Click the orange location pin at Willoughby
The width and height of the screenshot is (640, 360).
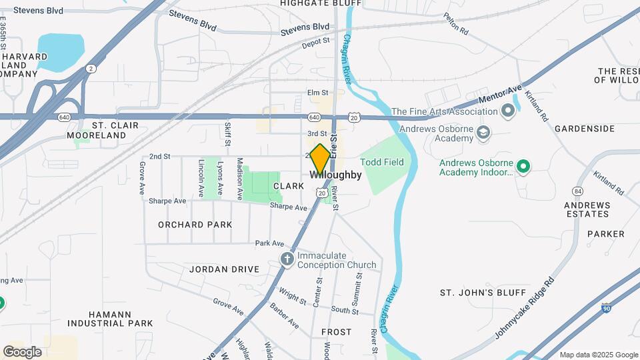click(320, 159)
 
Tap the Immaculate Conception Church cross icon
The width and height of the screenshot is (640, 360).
click(287, 259)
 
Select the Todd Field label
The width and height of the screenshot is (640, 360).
click(383, 162)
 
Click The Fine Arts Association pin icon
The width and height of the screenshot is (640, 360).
click(507, 111)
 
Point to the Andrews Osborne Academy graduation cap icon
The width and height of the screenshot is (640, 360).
click(484, 134)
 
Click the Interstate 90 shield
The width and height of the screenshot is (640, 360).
click(605, 307)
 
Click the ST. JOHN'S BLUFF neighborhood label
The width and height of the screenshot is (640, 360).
click(474, 292)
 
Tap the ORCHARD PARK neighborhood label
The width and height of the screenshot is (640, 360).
click(195, 225)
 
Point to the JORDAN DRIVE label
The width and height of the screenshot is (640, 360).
click(224, 269)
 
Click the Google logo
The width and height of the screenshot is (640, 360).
click(22, 351)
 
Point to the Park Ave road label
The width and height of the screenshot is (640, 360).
click(269, 243)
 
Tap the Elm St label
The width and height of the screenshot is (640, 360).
click(318, 92)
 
